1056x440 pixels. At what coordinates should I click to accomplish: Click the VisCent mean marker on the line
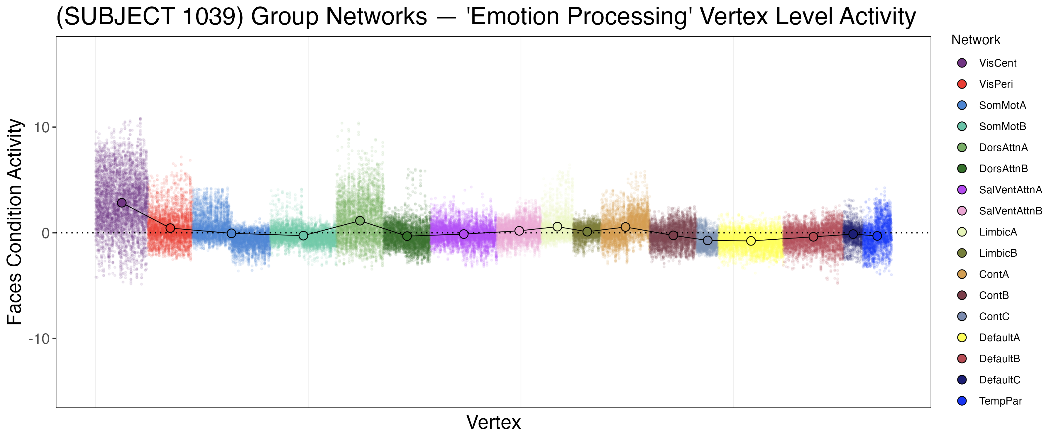tap(122, 203)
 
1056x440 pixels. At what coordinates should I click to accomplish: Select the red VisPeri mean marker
tap(170, 228)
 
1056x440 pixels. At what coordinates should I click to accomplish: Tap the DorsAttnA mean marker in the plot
tap(360, 221)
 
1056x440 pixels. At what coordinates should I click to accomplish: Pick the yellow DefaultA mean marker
tap(751, 241)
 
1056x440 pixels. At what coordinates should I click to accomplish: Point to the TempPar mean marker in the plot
tap(877, 236)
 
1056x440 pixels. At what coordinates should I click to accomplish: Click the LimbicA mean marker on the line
tap(557, 227)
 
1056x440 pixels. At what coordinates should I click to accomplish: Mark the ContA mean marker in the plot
tap(625, 227)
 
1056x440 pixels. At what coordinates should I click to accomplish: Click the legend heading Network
tap(976, 40)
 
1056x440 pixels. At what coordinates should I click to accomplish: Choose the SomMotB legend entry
tap(1002, 126)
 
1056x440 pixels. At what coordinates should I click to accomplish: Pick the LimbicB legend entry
tap(998, 253)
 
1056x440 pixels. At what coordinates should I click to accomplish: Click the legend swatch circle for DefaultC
tap(962, 380)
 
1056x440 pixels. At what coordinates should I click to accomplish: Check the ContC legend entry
tap(994, 317)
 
